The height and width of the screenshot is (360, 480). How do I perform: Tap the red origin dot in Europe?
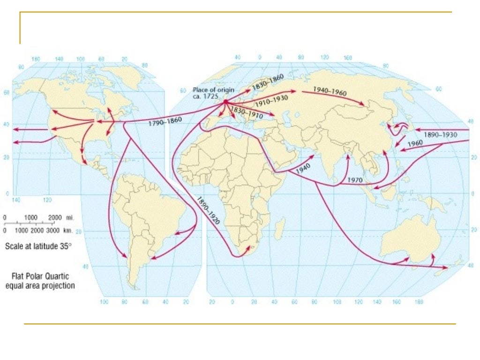tap(225, 101)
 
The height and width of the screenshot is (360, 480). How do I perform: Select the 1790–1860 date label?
tap(165, 122)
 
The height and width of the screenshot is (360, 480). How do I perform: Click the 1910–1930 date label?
tap(271, 101)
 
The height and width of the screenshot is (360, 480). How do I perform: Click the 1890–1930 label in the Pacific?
tap(440, 135)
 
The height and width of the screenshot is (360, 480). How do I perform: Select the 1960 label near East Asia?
tap(414, 144)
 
